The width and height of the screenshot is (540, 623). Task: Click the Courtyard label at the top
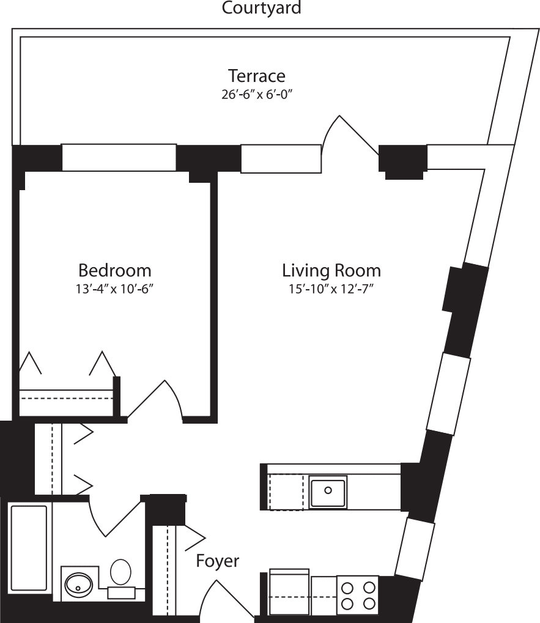point(261,9)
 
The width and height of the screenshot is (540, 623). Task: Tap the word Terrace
point(256,76)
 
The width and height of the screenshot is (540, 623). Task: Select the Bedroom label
point(114,270)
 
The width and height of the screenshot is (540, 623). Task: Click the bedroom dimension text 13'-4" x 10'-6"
point(114,289)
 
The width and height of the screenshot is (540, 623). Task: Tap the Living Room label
point(331,270)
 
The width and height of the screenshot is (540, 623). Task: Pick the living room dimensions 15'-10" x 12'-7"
point(331,289)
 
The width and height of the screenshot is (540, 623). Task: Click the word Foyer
point(217,561)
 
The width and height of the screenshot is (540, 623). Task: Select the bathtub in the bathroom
point(29,548)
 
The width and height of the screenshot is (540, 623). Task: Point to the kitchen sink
point(328,492)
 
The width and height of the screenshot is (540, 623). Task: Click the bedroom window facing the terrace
point(119,157)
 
